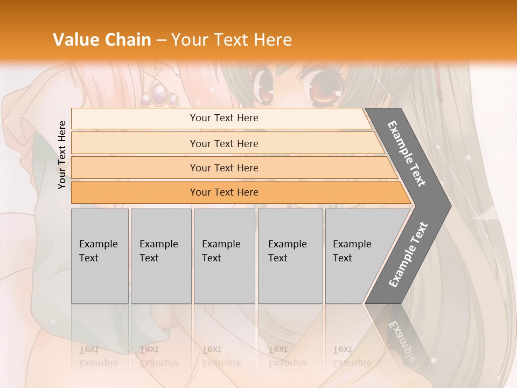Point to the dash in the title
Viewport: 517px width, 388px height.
point(161,40)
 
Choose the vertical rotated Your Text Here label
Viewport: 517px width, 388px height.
point(62,155)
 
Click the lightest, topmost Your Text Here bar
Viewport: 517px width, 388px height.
point(223,118)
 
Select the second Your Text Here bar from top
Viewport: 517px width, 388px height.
point(223,143)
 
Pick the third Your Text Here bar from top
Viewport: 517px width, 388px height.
point(223,168)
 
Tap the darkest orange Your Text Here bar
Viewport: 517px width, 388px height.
point(223,192)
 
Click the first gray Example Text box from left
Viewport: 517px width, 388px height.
point(100,256)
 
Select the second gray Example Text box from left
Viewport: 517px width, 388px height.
point(160,256)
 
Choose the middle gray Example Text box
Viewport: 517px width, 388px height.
point(224,256)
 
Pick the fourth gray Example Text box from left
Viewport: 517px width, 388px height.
point(290,256)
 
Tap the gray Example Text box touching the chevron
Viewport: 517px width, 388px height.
point(355,256)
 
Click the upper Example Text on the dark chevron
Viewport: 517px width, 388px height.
point(407,154)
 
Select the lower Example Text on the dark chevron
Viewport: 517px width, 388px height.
point(408,254)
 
